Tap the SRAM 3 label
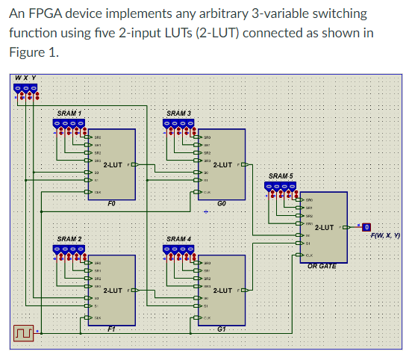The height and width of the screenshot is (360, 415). click(x=180, y=113)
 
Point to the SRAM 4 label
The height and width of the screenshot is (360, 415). click(x=180, y=239)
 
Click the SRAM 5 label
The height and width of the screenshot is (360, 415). click(x=281, y=176)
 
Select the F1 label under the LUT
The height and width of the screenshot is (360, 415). click(x=110, y=328)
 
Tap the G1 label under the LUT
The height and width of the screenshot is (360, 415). click(x=222, y=328)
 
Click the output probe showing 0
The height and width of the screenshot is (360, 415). click(x=366, y=227)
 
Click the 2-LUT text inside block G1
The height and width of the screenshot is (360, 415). click(x=223, y=290)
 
